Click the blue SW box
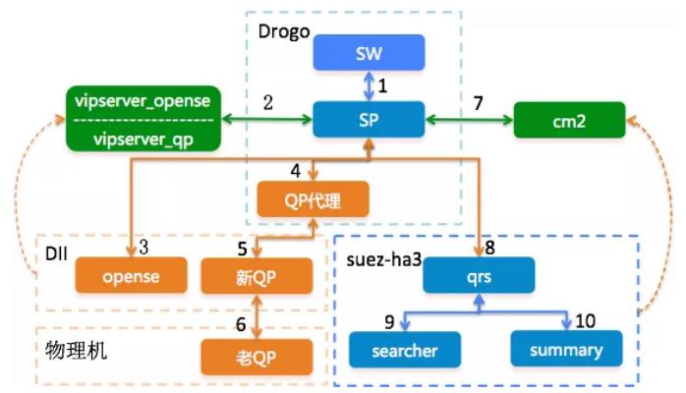[x=369, y=53]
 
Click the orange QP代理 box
[x=313, y=201]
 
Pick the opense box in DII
[x=131, y=276]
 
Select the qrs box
[x=478, y=276]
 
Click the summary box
[x=567, y=350]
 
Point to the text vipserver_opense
[x=143, y=102]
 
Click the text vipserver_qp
[x=143, y=139]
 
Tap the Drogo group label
[x=284, y=31]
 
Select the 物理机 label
[x=74, y=349]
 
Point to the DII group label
[x=56, y=252]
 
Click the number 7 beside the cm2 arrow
[x=478, y=102]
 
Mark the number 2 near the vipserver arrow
[x=267, y=102]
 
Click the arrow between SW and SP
[x=369, y=86]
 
